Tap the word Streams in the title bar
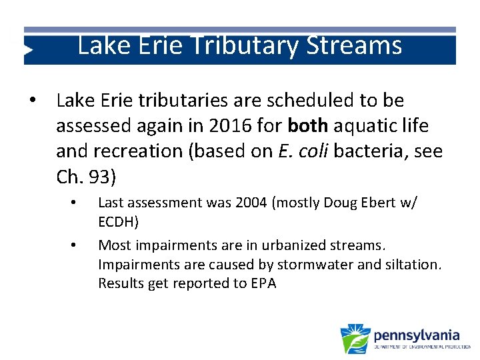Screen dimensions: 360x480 pos(355,45)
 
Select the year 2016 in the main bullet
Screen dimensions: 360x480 pos(227,126)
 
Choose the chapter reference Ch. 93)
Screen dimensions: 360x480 pos(86,177)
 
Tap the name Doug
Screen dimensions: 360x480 pos(342,203)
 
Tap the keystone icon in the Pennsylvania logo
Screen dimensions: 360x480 pos(355,339)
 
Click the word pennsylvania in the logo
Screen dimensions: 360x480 pos(417,334)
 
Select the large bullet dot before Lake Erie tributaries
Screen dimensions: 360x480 pos(31,101)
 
